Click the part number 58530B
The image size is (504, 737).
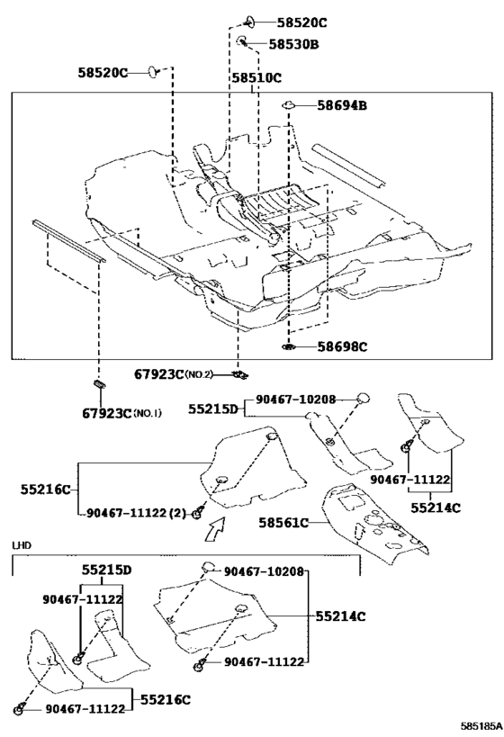(293, 44)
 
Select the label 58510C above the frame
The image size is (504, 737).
(256, 78)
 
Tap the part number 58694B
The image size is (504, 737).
(342, 105)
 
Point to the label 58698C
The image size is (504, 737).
(342, 346)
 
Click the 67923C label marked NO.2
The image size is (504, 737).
(174, 374)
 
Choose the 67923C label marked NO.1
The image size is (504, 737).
(121, 413)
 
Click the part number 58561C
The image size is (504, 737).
(283, 522)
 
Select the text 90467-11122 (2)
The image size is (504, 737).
(136, 513)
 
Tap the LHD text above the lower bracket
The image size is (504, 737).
(22, 545)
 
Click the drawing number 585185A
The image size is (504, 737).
(481, 727)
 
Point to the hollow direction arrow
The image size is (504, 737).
(215, 528)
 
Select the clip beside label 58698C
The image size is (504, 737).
(288, 346)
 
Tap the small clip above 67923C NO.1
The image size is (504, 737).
(99, 383)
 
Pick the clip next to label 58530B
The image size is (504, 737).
(242, 40)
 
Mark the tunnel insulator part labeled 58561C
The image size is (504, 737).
(373, 523)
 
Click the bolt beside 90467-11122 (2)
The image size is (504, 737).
(198, 513)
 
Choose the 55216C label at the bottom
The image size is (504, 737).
(166, 700)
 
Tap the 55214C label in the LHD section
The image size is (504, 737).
(340, 616)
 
